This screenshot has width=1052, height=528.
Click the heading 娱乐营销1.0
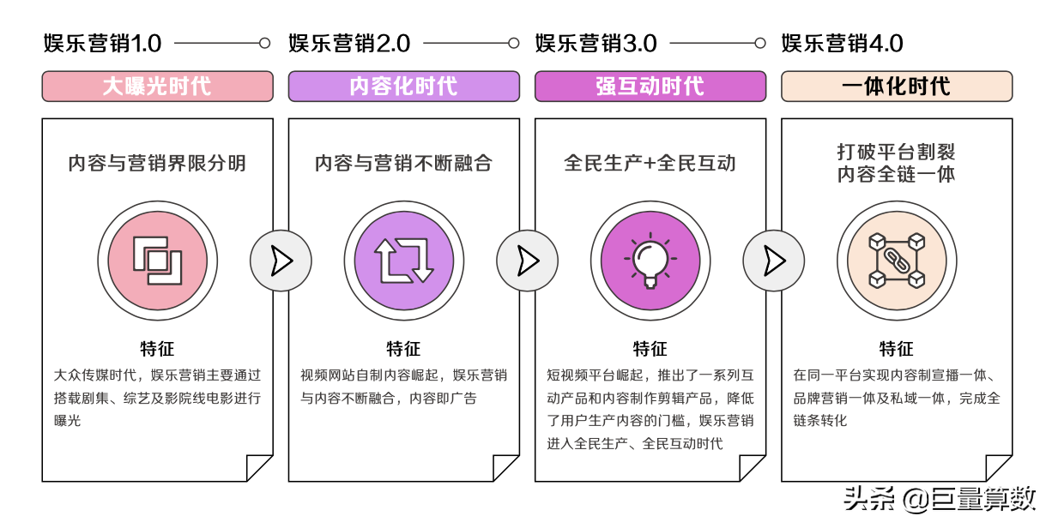(102, 43)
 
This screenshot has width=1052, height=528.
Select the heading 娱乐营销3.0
(596, 43)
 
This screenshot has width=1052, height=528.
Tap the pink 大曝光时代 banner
(157, 87)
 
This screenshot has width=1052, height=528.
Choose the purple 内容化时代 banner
(403, 87)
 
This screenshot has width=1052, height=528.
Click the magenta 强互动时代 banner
(650, 87)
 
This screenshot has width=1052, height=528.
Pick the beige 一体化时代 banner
(897, 87)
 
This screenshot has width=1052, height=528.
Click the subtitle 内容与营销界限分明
(157, 163)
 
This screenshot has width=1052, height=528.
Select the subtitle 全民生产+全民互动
(650, 163)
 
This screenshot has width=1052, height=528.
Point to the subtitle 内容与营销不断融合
(403, 163)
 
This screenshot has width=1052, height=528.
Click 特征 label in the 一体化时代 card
(897, 349)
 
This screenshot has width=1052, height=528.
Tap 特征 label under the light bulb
(650, 349)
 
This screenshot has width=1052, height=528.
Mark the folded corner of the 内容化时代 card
(505, 468)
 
